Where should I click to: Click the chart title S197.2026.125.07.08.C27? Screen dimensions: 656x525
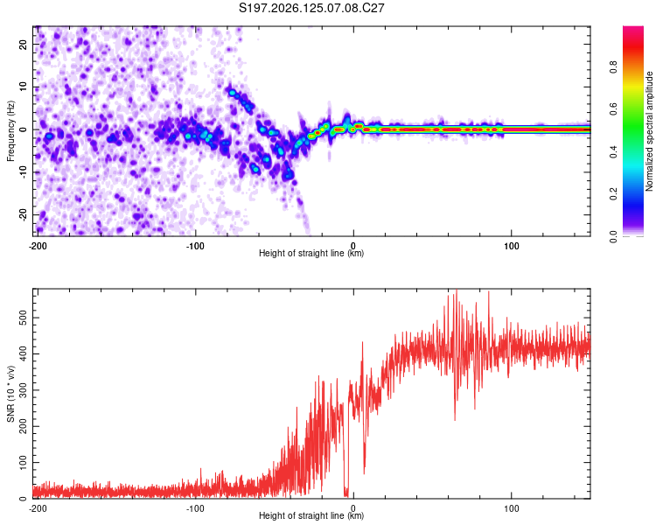tap(311, 8)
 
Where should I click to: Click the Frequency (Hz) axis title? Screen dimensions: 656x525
tap(10, 131)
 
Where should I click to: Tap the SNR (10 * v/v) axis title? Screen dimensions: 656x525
tap(10, 394)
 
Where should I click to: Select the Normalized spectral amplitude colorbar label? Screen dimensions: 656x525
tap(649, 131)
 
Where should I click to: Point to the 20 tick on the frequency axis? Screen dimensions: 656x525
tap(23, 44)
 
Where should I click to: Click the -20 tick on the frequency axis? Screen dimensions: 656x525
tap(23, 215)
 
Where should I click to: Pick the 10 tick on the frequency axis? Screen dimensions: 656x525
tap(23, 87)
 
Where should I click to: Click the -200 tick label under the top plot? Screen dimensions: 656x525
tap(38, 246)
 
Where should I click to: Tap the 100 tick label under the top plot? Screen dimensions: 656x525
tap(512, 246)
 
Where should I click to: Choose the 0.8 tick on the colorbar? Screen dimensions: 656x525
tap(614, 67)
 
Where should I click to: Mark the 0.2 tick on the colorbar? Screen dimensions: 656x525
tap(614, 194)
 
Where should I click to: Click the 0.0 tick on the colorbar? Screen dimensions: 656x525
tap(614, 236)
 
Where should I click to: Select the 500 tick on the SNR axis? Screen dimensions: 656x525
tap(23, 318)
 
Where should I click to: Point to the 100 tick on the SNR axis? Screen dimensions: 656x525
tap(23, 463)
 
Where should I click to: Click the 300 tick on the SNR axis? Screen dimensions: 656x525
tap(23, 390)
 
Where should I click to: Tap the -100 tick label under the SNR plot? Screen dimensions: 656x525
tap(195, 508)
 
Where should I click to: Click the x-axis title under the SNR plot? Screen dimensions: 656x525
tap(311, 515)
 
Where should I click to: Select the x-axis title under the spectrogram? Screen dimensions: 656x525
tap(311, 253)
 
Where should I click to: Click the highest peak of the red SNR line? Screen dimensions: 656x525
tap(457, 290)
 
